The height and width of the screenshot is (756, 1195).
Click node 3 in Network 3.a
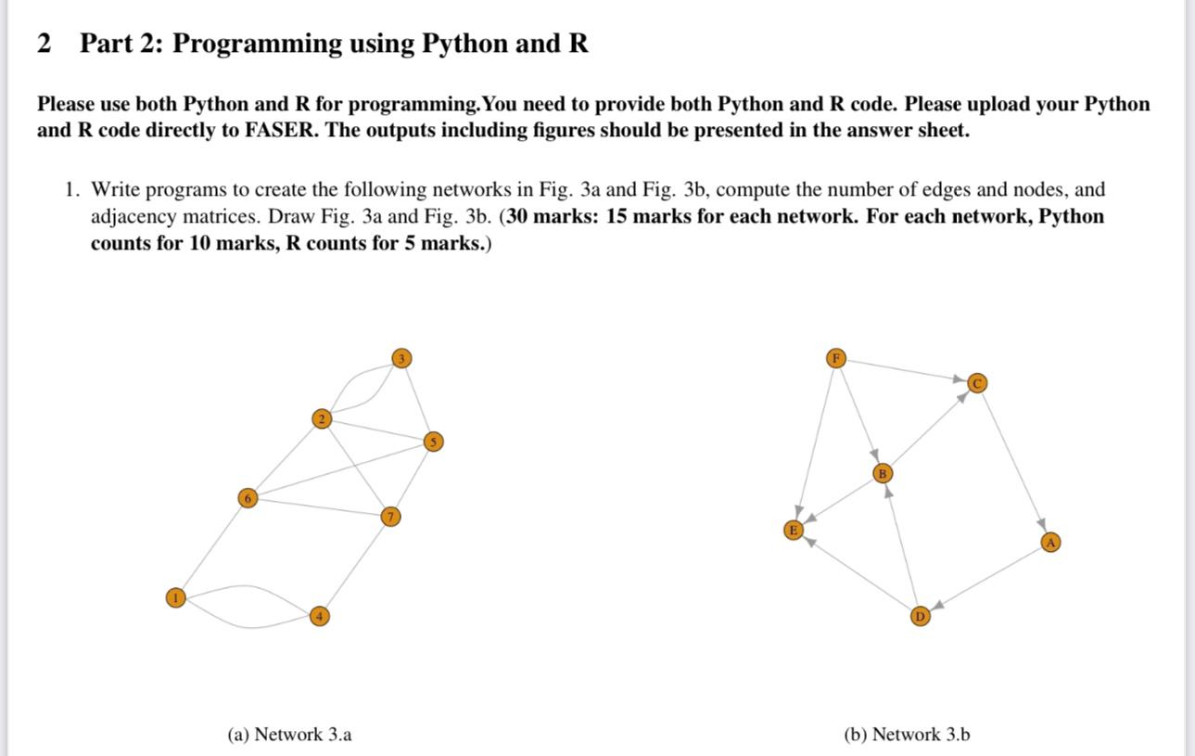click(x=400, y=358)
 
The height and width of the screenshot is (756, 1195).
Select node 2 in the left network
click(x=321, y=419)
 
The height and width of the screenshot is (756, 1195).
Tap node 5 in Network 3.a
click(x=431, y=442)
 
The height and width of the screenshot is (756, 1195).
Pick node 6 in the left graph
click(x=247, y=498)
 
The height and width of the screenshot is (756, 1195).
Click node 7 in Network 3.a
click(x=391, y=516)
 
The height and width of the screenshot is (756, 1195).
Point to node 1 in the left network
click(x=174, y=598)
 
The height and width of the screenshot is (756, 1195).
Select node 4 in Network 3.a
click(x=319, y=616)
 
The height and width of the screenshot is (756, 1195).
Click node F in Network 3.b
click(x=836, y=358)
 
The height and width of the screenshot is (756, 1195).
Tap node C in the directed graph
click(x=976, y=383)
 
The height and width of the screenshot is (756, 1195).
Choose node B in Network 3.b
click(x=883, y=473)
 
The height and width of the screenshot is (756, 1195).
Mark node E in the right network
click(x=793, y=530)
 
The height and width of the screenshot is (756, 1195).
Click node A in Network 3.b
click(x=1049, y=543)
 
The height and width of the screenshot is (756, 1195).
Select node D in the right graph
click(x=920, y=616)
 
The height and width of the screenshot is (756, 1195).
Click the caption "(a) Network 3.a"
click(x=289, y=735)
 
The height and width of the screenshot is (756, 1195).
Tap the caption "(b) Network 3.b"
click(x=907, y=735)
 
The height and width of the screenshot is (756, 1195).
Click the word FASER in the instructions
click(x=280, y=130)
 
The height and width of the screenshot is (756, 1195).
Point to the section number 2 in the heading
click(x=44, y=44)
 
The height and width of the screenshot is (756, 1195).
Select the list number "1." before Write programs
click(x=72, y=190)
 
